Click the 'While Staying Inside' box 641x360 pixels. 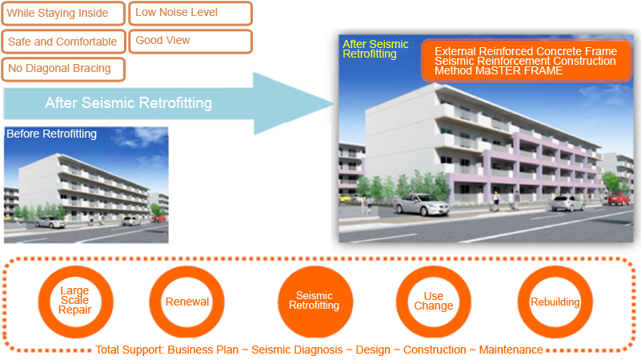63,13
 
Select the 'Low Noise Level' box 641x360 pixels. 190,13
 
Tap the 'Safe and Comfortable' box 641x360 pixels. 63,42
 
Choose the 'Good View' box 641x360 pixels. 190,42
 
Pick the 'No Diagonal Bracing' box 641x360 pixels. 63,69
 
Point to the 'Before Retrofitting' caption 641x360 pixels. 51,134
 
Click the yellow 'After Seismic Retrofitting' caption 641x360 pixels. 375,49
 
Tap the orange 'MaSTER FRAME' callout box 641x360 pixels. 527,61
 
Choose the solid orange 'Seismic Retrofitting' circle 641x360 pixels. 314,302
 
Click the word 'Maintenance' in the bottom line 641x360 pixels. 511,350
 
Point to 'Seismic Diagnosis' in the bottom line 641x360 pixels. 297,350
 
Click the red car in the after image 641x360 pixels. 618,199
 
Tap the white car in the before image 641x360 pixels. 50,222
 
